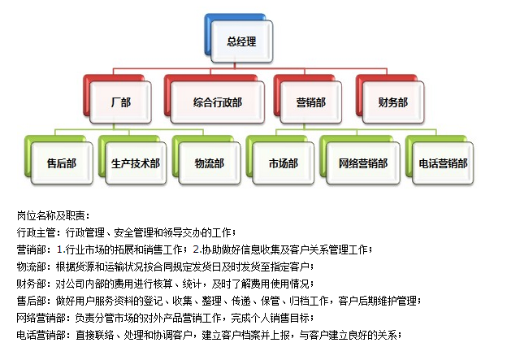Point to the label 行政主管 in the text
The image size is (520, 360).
[36, 232]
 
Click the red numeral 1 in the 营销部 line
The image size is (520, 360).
[59, 249]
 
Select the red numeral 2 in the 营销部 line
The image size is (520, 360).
[197, 249]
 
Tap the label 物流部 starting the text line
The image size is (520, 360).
[31, 267]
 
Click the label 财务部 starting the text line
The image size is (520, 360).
[31, 284]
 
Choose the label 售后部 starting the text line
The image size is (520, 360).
[31, 301]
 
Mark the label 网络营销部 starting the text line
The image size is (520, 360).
[41, 318]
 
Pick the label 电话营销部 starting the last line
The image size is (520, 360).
[41, 335]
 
